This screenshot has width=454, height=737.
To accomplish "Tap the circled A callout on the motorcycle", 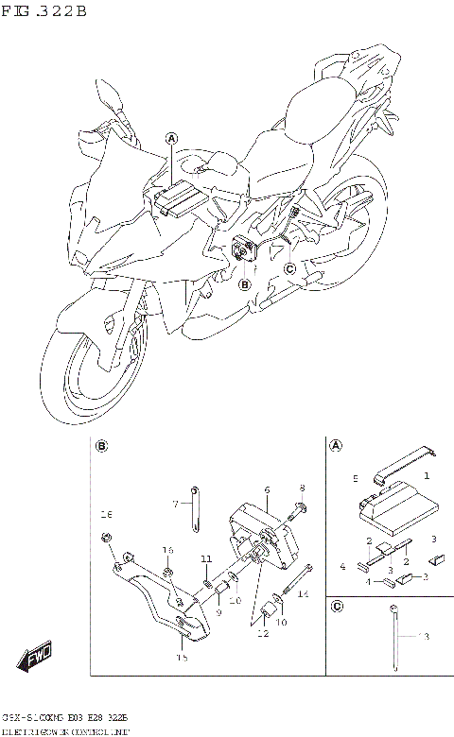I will pyautogui.click(x=171, y=138).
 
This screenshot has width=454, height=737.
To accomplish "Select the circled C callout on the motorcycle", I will pyautogui.click(x=290, y=269).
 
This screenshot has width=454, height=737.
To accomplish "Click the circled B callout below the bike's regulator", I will pyautogui.click(x=244, y=283).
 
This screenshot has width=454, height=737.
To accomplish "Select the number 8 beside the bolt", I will pyautogui.click(x=302, y=489).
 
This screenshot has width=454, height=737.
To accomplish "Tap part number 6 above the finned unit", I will pyautogui.click(x=268, y=489).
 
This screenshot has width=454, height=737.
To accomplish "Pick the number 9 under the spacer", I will pyautogui.click(x=218, y=612).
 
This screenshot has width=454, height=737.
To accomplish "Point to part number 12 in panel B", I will pyautogui.click(x=263, y=634).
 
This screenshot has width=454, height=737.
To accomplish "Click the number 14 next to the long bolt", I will pyautogui.click(x=304, y=594).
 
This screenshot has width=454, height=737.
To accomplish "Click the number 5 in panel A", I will pyautogui.click(x=356, y=478).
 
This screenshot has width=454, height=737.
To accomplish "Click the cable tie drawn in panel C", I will pyautogui.click(x=393, y=638).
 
